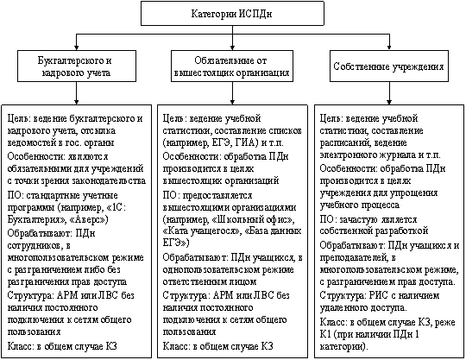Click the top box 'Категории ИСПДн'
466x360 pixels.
coord(232,13)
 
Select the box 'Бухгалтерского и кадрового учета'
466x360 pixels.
coord(77,66)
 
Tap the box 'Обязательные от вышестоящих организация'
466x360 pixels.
coord(232,66)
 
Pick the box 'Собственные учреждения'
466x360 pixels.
coord(389,66)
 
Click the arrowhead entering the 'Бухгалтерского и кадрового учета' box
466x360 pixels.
coord(77,47)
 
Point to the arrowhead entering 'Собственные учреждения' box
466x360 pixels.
coord(389,47)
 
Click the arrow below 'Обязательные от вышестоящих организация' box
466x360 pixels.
coord(232,93)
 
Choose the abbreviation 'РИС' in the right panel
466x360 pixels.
coord(379,296)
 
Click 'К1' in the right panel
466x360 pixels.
coord(325,334)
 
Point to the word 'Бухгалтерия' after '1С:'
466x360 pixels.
coord(35,220)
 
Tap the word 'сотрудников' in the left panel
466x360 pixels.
coord(35,246)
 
